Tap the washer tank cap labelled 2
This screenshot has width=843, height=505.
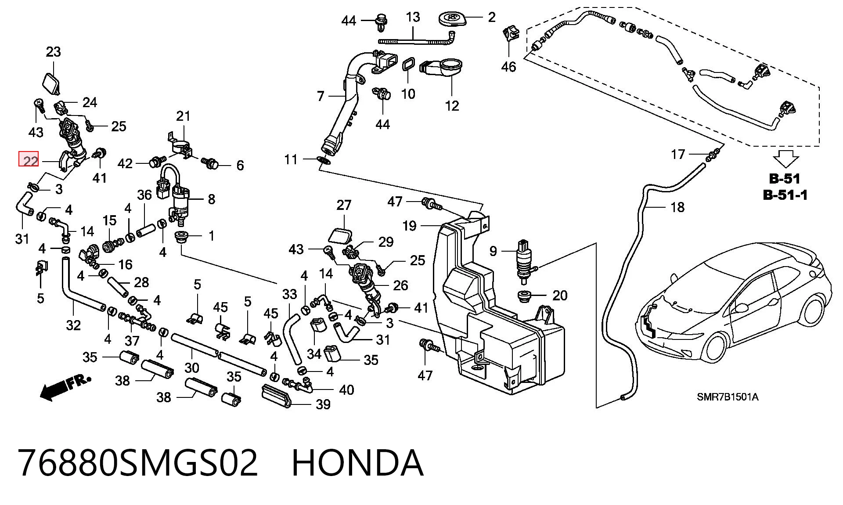[451, 20]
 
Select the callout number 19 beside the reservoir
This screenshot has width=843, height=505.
[409, 226]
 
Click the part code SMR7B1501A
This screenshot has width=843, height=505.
[728, 397]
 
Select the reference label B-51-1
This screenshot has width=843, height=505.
[785, 195]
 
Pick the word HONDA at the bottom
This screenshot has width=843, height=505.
[357, 463]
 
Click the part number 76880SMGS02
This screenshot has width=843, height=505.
[138, 463]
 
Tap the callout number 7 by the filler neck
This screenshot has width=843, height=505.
[321, 96]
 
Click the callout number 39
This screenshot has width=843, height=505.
[324, 404]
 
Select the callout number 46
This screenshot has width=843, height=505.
[509, 67]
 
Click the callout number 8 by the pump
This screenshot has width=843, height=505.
[212, 199]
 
